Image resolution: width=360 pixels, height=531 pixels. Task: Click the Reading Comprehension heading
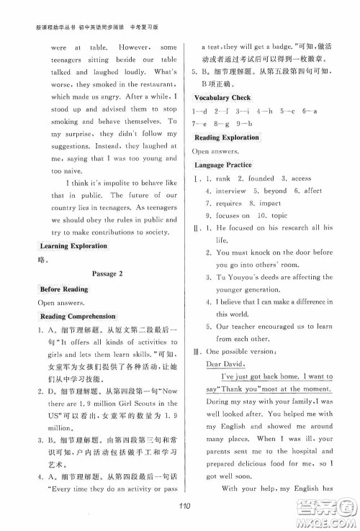[x=77, y=316]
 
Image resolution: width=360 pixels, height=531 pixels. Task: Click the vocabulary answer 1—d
[x=200, y=111]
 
